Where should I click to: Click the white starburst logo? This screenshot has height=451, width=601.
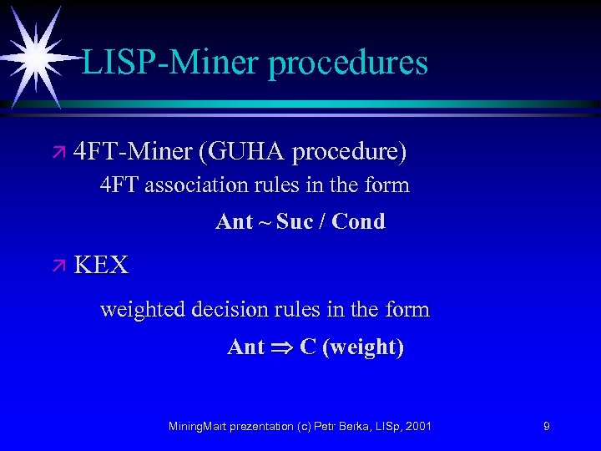[35, 55]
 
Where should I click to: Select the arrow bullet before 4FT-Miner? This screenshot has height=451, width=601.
[59, 153]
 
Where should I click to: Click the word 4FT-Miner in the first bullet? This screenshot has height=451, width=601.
[133, 152]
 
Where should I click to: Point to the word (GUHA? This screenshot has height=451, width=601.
[240, 153]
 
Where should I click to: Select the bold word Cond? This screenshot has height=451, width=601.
[358, 221]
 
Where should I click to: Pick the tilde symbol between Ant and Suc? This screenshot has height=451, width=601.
[265, 222]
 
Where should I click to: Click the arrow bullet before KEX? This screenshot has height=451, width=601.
[59, 266]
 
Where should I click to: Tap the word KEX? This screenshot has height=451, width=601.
[101, 266]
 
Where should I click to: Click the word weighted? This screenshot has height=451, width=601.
[143, 311]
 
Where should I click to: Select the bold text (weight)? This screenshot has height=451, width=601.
[363, 347]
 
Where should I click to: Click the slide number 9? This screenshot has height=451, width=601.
[546, 426]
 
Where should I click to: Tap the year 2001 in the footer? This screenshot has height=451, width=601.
[417, 426]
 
